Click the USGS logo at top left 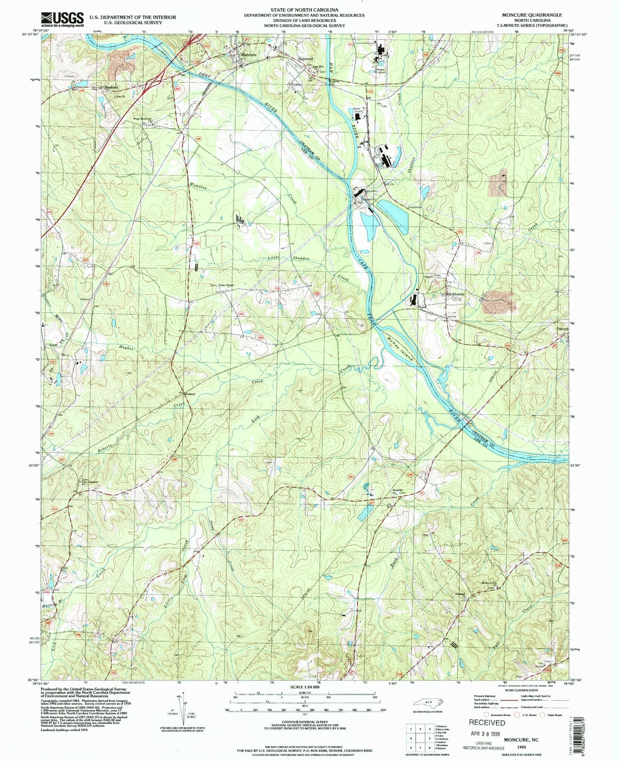click(x=62, y=19)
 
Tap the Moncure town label click(x=248, y=55)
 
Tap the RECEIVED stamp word click(x=487, y=722)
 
